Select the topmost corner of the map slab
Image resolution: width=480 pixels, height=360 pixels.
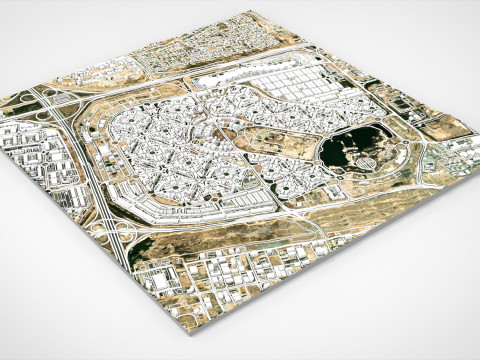[245, 13]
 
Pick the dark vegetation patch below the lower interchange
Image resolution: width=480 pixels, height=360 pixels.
[150, 250]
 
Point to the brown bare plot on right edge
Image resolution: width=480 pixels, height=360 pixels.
[445, 125]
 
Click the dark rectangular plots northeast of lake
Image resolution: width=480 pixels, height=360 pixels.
[400, 105]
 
